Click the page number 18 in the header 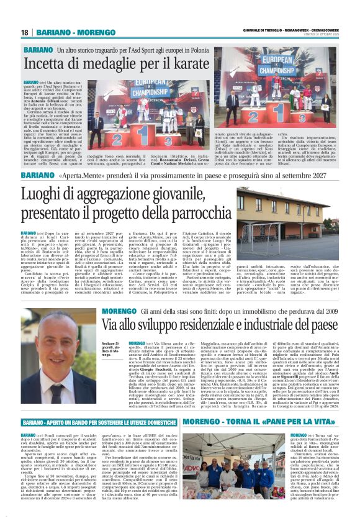coord(25,32)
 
